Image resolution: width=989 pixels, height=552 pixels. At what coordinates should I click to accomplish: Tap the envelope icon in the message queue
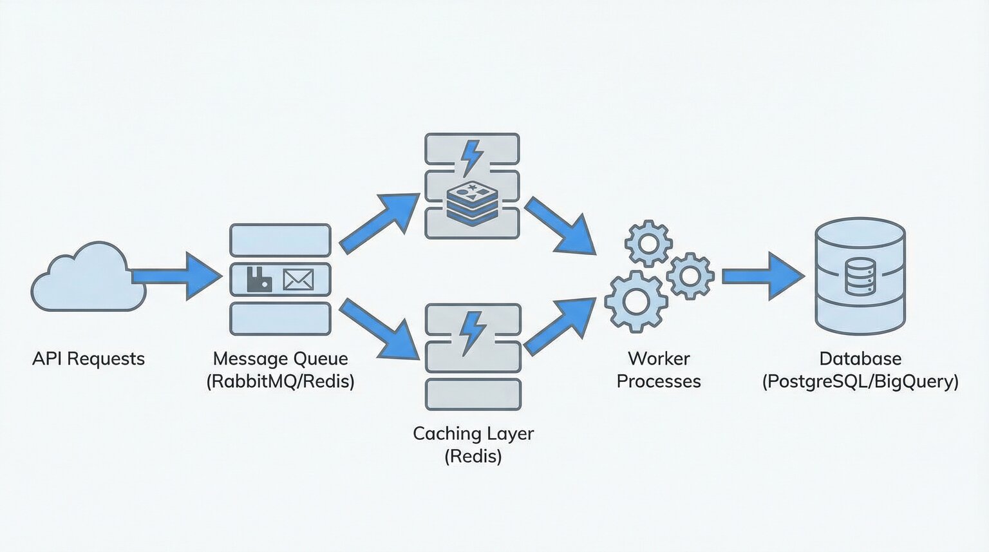pyautogui.click(x=298, y=280)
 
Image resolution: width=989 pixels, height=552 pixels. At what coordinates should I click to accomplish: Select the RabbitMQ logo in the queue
pyautogui.click(x=259, y=280)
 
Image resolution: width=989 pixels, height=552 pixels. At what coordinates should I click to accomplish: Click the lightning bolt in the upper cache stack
pyautogui.click(x=473, y=157)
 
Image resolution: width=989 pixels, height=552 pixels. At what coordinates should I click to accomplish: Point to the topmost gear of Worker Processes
pyautogui.click(x=648, y=243)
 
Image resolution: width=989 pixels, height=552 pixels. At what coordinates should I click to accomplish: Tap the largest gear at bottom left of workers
pyautogui.click(x=636, y=301)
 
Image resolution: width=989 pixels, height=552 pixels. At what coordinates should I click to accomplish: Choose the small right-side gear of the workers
pyautogui.click(x=690, y=276)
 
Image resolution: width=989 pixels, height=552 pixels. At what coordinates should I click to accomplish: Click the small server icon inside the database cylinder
pyautogui.click(x=860, y=276)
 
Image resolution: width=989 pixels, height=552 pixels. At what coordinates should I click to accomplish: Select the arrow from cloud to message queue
pyautogui.click(x=177, y=276)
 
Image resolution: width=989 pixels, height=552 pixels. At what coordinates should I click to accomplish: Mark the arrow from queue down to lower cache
pyautogui.click(x=380, y=329)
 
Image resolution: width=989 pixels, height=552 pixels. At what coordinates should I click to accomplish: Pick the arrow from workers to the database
pyautogui.click(x=763, y=276)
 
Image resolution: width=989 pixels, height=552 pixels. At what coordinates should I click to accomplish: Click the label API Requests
pyautogui.click(x=88, y=359)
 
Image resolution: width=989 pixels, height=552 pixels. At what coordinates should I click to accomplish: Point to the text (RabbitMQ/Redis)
pyautogui.click(x=280, y=381)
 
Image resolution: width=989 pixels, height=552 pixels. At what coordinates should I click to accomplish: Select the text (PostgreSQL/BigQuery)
pyautogui.click(x=860, y=381)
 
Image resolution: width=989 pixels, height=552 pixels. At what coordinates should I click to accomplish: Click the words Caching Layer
pyautogui.click(x=473, y=433)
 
